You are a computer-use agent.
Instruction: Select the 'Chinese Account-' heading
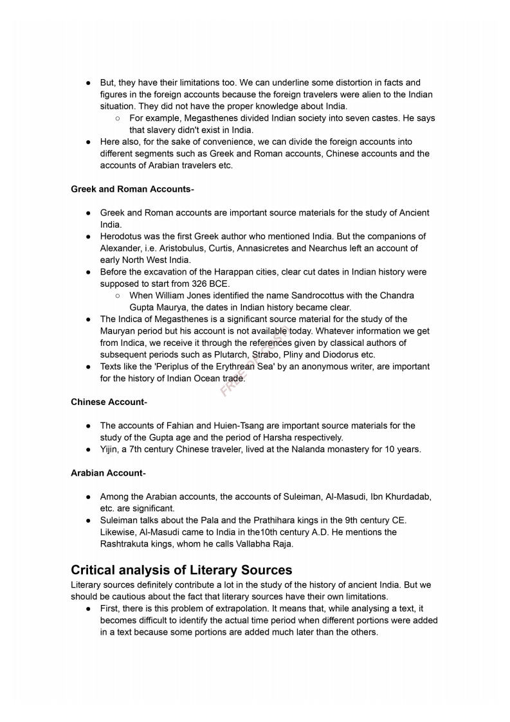pyautogui.click(x=109, y=402)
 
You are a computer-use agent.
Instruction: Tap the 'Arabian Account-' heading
pyautogui.click(x=108, y=473)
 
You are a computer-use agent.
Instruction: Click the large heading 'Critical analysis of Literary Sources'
pyautogui.click(x=181, y=570)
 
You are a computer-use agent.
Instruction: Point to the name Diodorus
pyautogui.click(x=340, y=354)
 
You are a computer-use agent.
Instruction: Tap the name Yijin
pyautogui.click(x=111, y=449)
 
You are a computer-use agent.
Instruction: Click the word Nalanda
pyautogui.click(x=304, y=449)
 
